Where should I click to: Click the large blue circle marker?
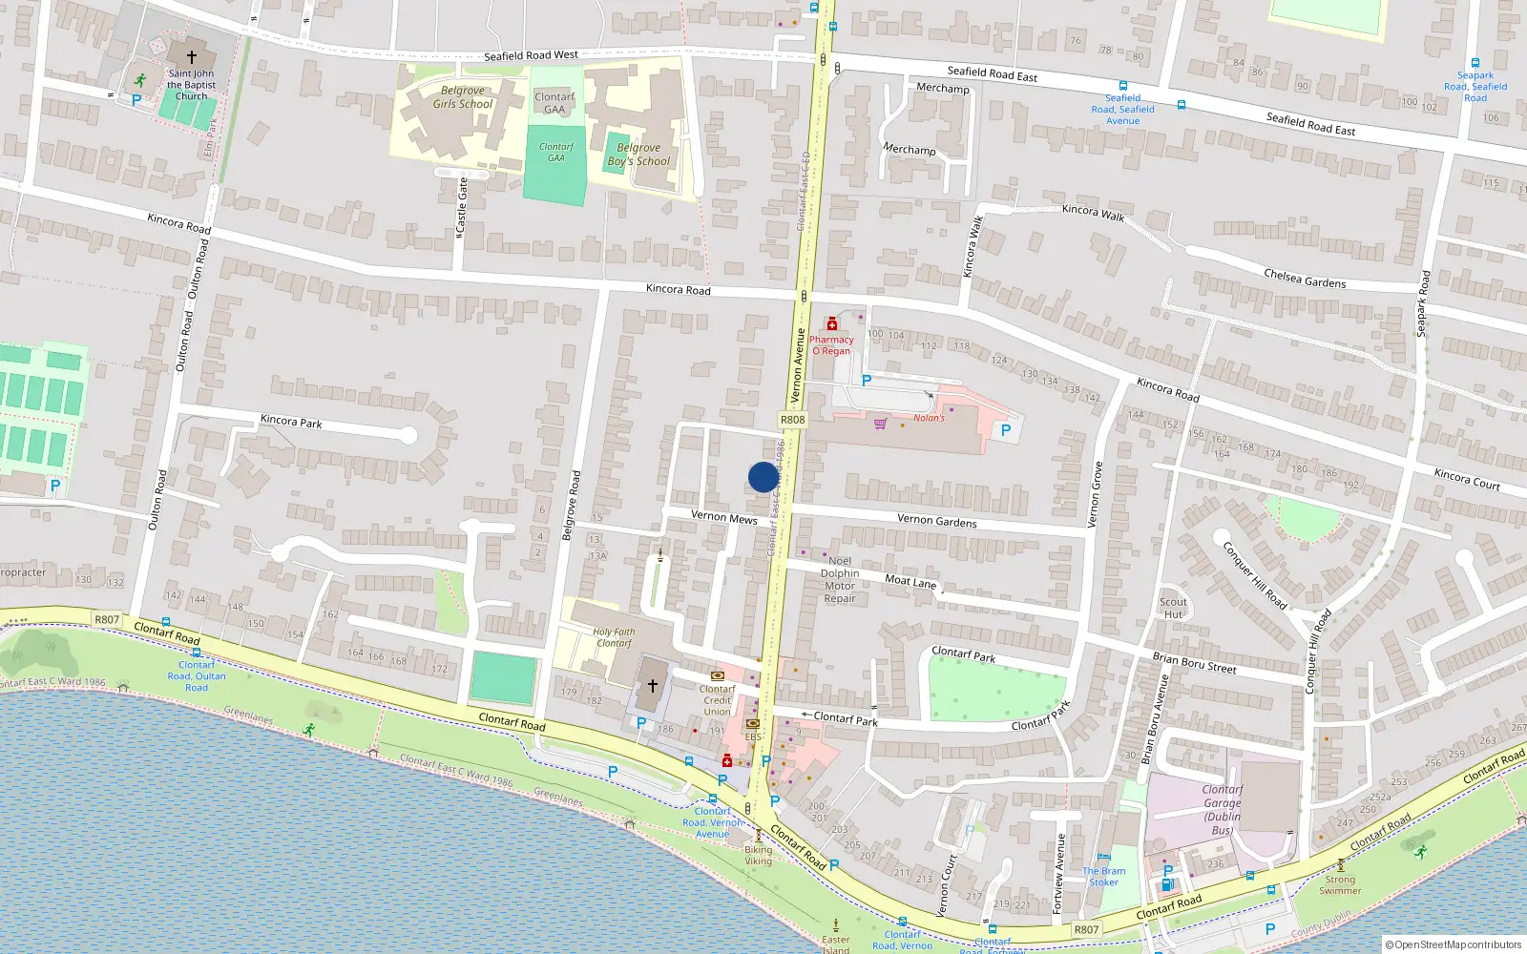pyautogui.click(x=763, y=477)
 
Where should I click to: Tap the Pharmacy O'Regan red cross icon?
pyautogui.click(x=832, y=324)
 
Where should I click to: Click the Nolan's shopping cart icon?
pyautogui.click(x=880, y=423)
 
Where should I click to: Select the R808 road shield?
pyautogui.click(x=792, y=420)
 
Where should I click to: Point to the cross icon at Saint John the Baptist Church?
pyautogui.click(x=191, y=57)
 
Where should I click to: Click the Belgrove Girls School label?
pyautogui.click(x=463, y=97)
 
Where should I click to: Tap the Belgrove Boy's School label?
pyautogui.click(x=638, y=155)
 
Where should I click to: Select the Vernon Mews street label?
pyautogui.click(x=723, y=517)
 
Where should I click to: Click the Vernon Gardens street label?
pyautogui.click(x=936, y=521)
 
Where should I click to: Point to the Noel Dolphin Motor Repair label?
pyautogui.click(x=840, y=580)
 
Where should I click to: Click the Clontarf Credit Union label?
pyautogui.click(x=717, y=700)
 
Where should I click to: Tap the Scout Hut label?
pyautogui.click(x=1173, y=608)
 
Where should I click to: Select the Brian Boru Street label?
pyautogui.click(x=1194, y=663)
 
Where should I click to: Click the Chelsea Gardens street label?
pyautogui.click(x=1305, y=279)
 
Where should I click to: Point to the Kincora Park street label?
pyautogui.click(x=291, y=422)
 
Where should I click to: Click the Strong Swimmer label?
pyautogui.click(x=1340, y=885)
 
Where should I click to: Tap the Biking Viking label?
pyautogui.click(x=759, y=855)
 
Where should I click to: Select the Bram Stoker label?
pyautogui.click(x=1104, y=877)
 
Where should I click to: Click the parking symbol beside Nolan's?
pyautogui.click(x=1005, y=430)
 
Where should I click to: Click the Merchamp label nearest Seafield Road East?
pyautogui.click(x=943, y=88)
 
